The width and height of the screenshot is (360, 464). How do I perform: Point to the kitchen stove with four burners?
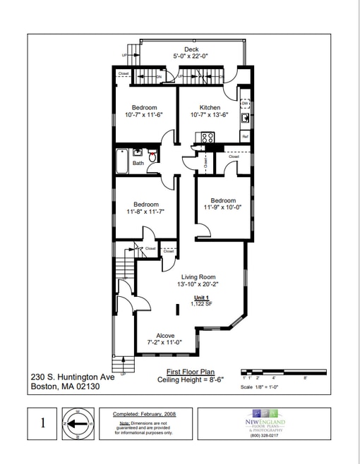pyautogui.click(x=208, y=138)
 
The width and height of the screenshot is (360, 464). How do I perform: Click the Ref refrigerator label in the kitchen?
pyautogui.click(x=245, y=136)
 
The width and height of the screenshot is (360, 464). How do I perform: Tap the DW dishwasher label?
pyautogui.click(x=245, y=104)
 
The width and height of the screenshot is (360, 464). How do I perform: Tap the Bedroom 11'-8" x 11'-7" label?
pyautogui.click(x=145, y=208)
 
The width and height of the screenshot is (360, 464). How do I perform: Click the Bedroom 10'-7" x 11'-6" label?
pyautogui.click(x=144, y=111)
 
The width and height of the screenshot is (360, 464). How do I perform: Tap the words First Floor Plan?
pyautogui.click(x=186, y=371)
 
